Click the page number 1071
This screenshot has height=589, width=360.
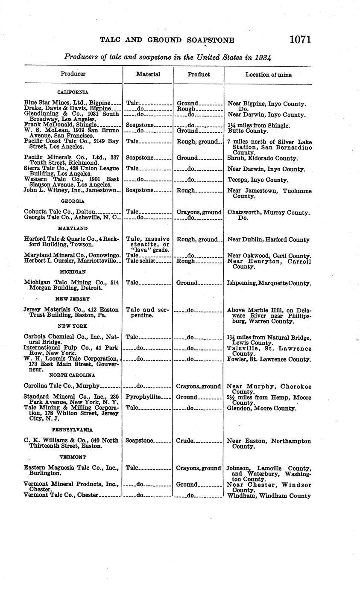point(300,40)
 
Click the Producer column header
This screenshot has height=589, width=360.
point(73,74)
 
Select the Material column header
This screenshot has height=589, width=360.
point(148,74)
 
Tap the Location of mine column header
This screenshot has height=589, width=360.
point(269,75)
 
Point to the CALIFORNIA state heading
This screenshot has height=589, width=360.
point(73,92)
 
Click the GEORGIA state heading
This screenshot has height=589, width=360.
point(73,201)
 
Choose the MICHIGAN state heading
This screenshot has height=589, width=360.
point(73,271)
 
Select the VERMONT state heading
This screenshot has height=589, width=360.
point(73,457)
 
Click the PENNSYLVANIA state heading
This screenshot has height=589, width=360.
point(73,430)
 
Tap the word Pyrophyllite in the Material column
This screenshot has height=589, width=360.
point(143,397)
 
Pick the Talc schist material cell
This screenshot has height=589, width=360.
point(141,261)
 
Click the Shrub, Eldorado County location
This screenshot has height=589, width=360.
point(262,158)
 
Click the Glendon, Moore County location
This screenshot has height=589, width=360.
point(261,408)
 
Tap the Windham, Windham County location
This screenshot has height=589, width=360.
point(269,496)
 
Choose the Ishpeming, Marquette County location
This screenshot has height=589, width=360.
point(269,283)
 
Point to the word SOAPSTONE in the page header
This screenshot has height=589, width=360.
point(211,40)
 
